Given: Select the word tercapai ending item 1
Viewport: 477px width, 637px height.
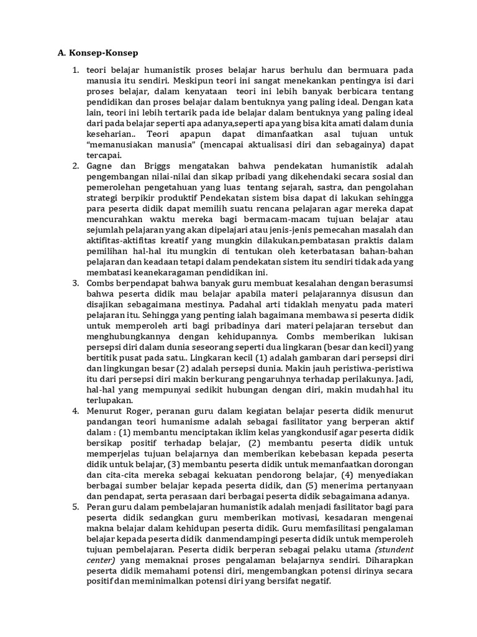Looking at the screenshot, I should pos(104,156).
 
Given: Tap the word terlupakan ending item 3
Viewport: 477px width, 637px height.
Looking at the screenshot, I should pos(109,400).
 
